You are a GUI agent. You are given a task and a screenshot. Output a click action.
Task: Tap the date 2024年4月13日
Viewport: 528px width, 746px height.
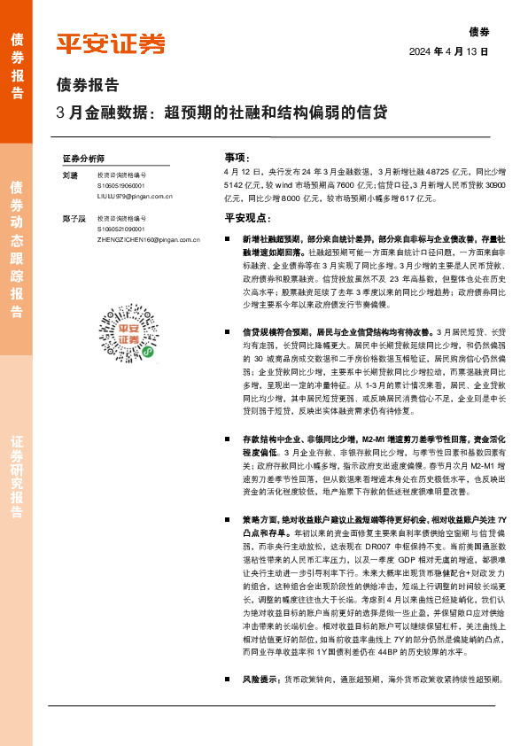(449, 51)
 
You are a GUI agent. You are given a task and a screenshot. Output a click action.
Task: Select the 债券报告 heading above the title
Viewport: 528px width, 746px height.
(87, 86)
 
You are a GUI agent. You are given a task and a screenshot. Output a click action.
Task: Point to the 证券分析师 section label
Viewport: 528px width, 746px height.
(83, 157)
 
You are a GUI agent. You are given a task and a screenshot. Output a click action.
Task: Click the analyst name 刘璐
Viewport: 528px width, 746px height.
(70, 175)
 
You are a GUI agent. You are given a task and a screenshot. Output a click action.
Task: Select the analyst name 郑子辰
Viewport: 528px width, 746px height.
(74, 218)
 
